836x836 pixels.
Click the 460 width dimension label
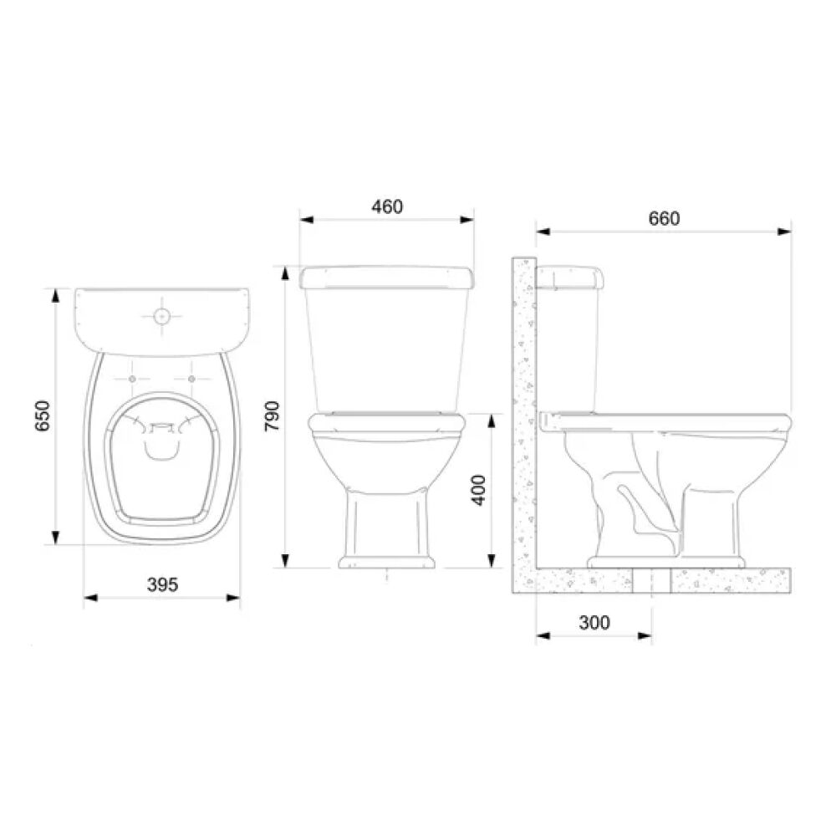point(387,206)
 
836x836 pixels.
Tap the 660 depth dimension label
point(665,218)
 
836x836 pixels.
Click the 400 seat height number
point(478,490)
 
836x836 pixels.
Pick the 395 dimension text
point(162,584)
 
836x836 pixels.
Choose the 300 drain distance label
point(594,623)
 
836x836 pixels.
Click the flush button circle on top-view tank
point(162,317)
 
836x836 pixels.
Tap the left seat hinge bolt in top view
point(134,380)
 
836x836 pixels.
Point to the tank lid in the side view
point(570,275)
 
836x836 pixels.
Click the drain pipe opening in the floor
point(652,577)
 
